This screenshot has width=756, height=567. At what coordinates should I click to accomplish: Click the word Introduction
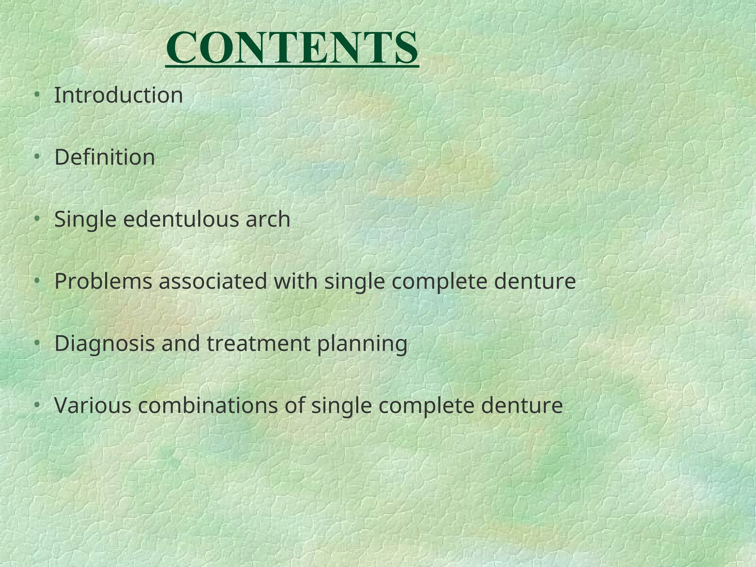coord(118,95)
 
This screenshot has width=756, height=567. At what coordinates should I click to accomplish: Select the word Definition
coord(104,157)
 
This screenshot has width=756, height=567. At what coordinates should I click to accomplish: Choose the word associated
coord(213,281)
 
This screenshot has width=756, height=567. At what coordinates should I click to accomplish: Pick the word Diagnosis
coord(104,343)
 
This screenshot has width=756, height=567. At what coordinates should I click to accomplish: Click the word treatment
coord(258,343)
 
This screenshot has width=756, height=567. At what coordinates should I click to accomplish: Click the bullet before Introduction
coord(37,95)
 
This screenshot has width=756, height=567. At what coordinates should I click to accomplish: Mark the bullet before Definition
coord(37,157)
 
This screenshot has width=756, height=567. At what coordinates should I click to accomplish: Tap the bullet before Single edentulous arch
coord(37,219)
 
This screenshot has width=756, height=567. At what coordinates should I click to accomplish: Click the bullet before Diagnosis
coord(37,343)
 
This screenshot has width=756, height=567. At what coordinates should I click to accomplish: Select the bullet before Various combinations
coord(37,405)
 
